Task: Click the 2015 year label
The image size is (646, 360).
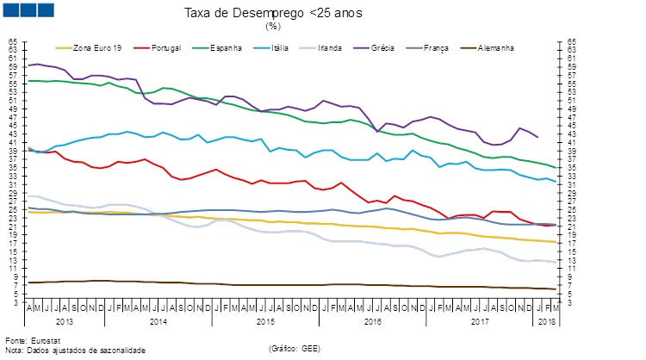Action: tap(264, 321)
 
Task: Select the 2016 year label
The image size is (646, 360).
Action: tap(372, 321)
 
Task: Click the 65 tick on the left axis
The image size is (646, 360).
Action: tap(12, 40)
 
